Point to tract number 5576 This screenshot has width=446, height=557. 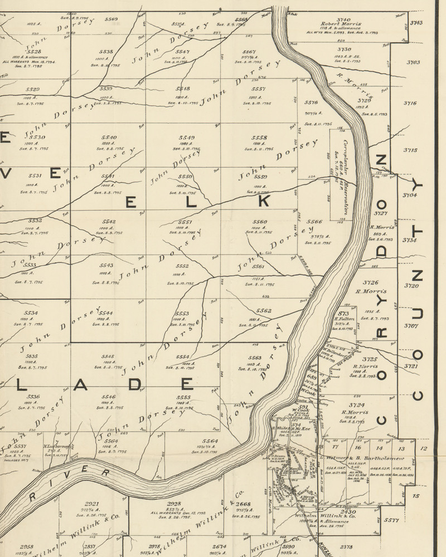(311, 102)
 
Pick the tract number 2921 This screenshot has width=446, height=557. (91, 503)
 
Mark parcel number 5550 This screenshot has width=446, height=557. (186, 177)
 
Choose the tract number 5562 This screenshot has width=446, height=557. (264, 311)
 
